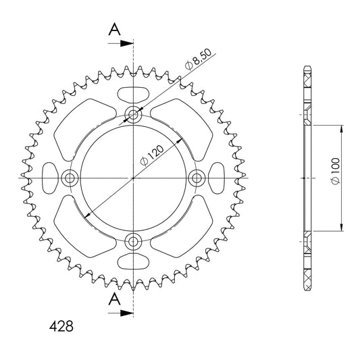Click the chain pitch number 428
[61, 326]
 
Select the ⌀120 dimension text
[152, 155]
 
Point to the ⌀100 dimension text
[335, 171]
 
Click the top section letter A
[114, 30]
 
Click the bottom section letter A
[114, 299]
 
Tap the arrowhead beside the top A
[127, 43]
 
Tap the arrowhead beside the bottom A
[127, 313]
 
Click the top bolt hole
[133, 114]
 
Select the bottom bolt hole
[133, 241]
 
